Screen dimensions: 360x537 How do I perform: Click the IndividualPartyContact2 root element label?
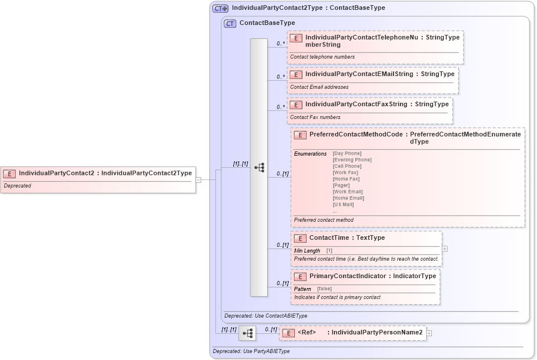[105, 173]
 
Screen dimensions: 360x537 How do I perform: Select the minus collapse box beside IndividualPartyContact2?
[199, 180]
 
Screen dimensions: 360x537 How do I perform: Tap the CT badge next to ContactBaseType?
[230, 23]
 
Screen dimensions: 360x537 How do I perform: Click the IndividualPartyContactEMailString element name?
[359, 74]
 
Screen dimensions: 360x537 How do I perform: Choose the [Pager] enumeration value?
[341, 185]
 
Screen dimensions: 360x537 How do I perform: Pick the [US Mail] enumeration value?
[343, 204]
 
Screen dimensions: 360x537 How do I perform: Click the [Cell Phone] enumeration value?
[347, 166]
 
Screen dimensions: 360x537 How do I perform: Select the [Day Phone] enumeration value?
[347, 153]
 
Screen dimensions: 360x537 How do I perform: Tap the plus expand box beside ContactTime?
[445, 249]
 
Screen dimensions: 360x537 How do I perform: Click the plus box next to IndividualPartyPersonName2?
[429, 333]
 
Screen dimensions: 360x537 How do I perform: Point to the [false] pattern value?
[325, 289]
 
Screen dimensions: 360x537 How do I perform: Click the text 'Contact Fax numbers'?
[315, 117]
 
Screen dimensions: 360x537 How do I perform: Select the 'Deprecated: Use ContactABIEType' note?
[266, 316]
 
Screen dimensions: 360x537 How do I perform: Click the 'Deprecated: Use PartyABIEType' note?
[251, 351]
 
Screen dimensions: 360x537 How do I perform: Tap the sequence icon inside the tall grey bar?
[259, 167]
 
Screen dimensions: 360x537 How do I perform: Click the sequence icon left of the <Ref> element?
[247, 333]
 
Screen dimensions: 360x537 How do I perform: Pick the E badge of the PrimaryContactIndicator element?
[300, 276]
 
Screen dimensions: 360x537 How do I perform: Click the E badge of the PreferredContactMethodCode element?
[300, 135]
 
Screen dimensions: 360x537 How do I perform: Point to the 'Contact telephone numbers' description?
[322, 57]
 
